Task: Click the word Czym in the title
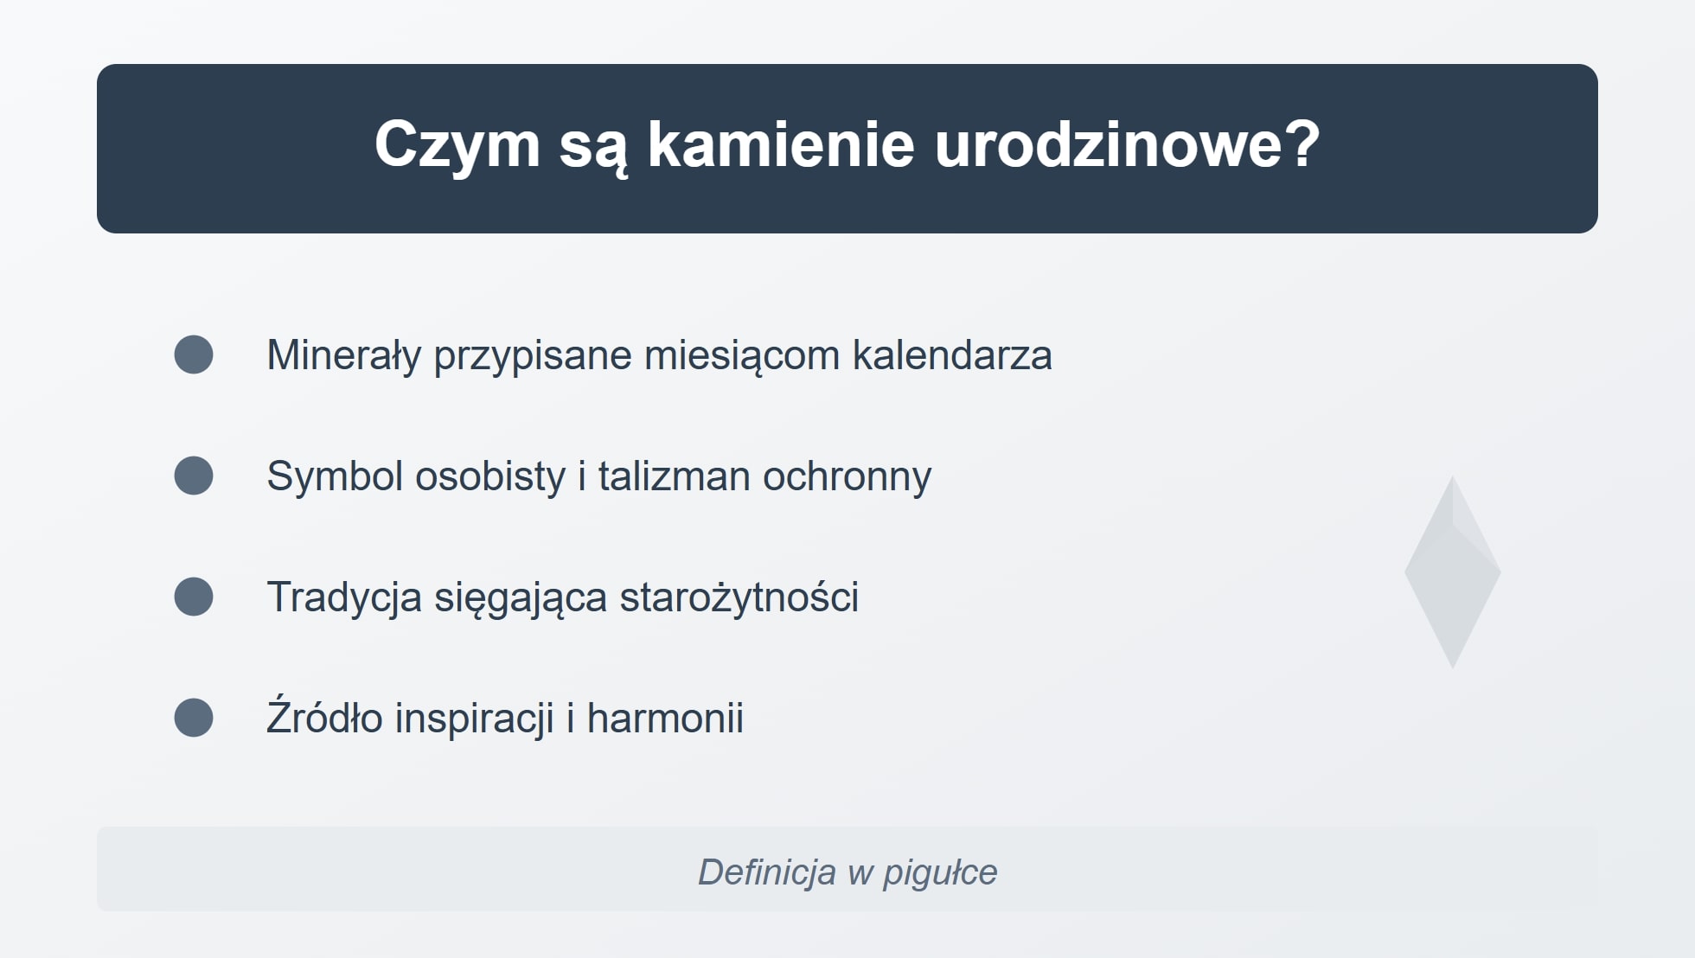457,145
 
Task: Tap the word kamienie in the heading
780,145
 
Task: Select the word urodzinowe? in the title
1127,145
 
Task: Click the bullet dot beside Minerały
194,354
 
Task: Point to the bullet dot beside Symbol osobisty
194,476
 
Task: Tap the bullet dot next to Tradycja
194,597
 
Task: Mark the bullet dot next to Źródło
194,718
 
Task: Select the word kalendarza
951,355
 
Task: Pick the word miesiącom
742,355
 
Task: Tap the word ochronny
847,476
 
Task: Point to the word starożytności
739,597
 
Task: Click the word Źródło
324,718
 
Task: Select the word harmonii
665,718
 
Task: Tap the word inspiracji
474,718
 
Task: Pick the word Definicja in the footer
766,872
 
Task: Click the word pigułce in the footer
939,872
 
